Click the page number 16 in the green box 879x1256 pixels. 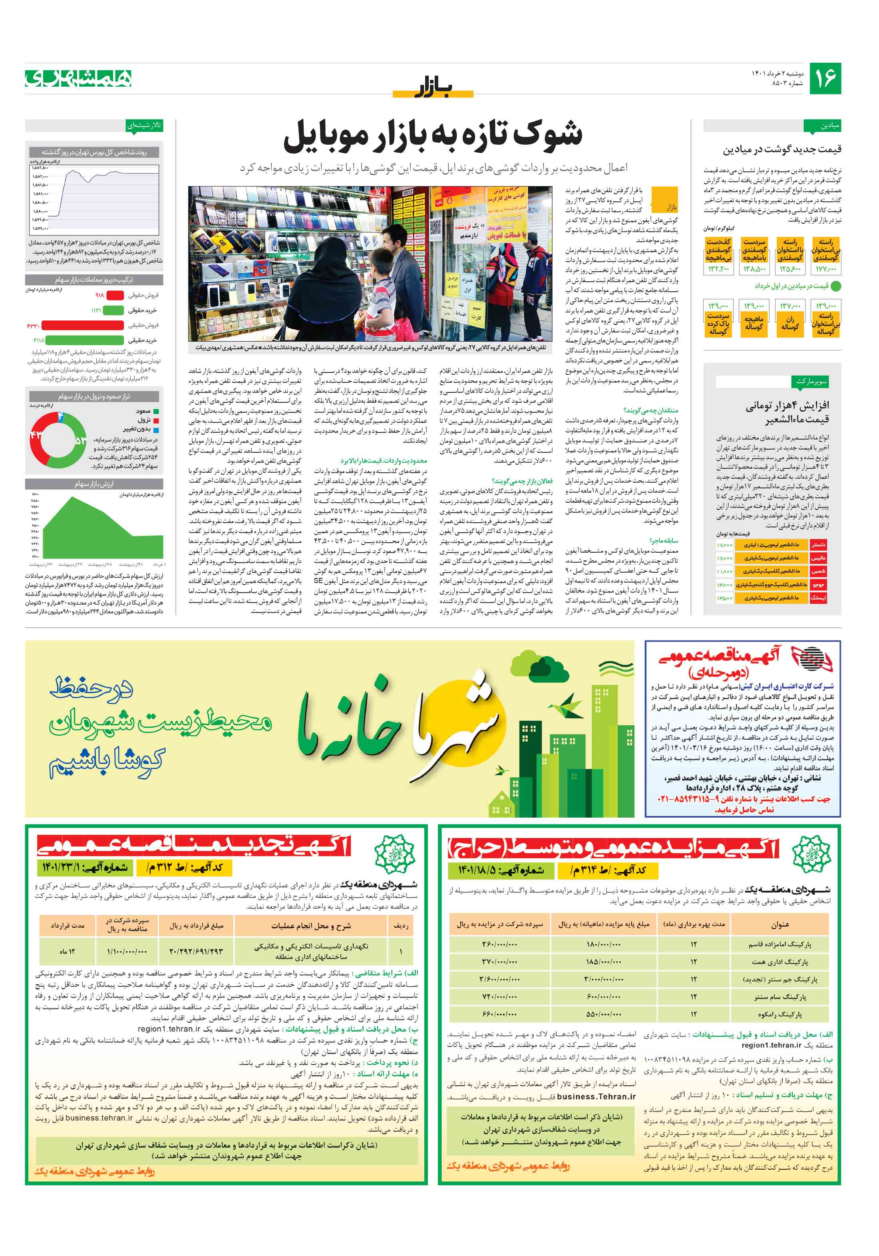tap(825, 78)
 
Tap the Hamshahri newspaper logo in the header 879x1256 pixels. tap(78, 78)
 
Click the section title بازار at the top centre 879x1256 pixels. tap(434, 88)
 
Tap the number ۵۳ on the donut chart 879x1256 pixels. tap(80, 440)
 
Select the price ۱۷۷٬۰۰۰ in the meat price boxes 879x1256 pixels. tap(825, 269)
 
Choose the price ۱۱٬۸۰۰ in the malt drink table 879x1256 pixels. tap(724, 571)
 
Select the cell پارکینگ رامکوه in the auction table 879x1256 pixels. tap(780, 1014)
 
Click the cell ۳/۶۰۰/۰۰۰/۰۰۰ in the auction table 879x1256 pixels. tap(499, 979)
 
